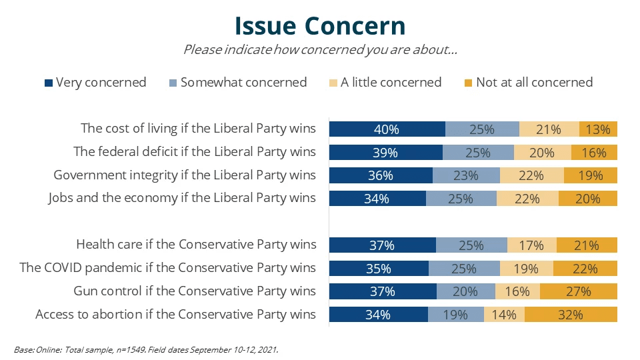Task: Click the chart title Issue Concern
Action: tap(320, 25)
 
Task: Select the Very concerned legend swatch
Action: tap(49, 83)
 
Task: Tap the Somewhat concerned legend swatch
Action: tap(173, 83)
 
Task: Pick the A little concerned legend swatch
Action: tap(333, 83)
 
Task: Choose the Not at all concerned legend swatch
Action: tap(469, 83)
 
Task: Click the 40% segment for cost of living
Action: tap(387, 129)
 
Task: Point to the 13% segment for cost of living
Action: tap(598, 129)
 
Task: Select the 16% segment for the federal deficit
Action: tap(594, 153)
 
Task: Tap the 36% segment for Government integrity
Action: tap(381, 175)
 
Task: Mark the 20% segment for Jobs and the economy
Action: tap(588, 199)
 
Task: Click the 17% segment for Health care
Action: tap(532, 245)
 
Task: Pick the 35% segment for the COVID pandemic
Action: tap(379, 268)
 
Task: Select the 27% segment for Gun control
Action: tap(579, 291)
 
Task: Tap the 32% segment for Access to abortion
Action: tap(571, 315)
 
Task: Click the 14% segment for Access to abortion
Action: tap(505, 315)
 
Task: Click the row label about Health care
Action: tap(196, 245)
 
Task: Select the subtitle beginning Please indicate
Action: tap(320, 50)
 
